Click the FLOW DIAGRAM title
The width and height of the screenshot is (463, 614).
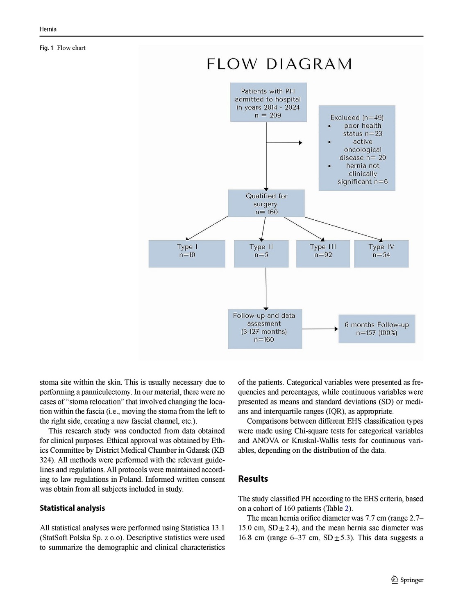click(x=279, y=64)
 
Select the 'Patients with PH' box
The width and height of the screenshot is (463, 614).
click(x=268, y=102)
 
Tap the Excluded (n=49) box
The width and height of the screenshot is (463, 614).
click(x=357, y=148)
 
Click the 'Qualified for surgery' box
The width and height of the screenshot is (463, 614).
click(x=266, y=203)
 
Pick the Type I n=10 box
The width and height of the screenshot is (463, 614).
click(x=187, y=254)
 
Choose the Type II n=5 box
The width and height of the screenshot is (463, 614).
click(x=261, y=254)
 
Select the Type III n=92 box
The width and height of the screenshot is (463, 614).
click(x=323, y=254)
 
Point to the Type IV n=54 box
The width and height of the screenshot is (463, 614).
click(x=381, y=254)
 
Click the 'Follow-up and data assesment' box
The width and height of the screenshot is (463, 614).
click(x=265, y=329)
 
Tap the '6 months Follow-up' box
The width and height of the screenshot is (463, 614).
click(x=377, y=329)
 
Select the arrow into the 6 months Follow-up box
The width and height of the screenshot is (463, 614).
click(x=320, y=329)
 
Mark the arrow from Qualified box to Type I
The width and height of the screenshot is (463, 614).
click(x=207, y=228)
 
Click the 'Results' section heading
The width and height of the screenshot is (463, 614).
click(x=253, y=479)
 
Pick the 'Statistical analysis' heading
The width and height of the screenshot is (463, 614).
click(x=72, y=508)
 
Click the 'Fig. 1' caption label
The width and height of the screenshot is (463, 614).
click(x=46, y=48)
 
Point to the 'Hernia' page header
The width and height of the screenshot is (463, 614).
click(x=48, y=29)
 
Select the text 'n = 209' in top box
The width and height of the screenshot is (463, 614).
click(x=268, y=115)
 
